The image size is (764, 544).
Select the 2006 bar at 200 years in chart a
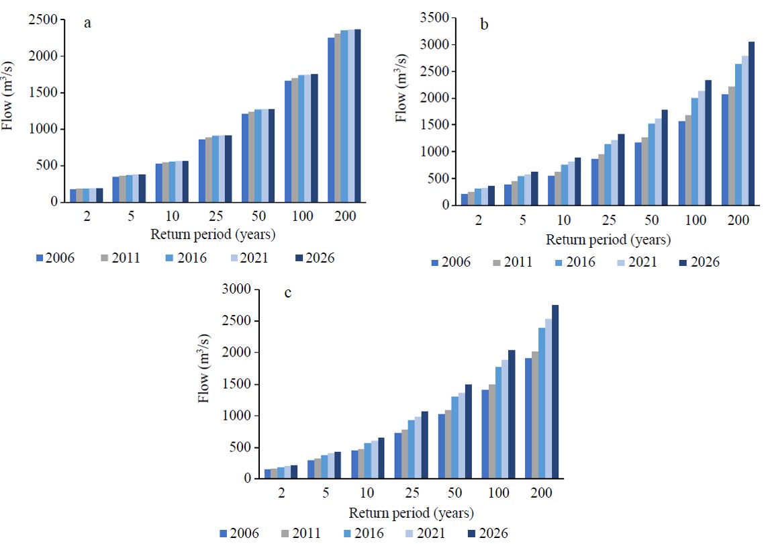pyautogui.click(x=331, y=120)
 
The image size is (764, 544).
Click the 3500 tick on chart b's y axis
pyautogui.click(x=432, y=18)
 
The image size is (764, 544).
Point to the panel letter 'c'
pyautogui.click(x=288, y=293)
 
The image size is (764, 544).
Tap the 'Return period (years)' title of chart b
pyautogui.click(x=608, y=239)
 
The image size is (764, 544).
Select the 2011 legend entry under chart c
pyautogui.click(x=296, y=534)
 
